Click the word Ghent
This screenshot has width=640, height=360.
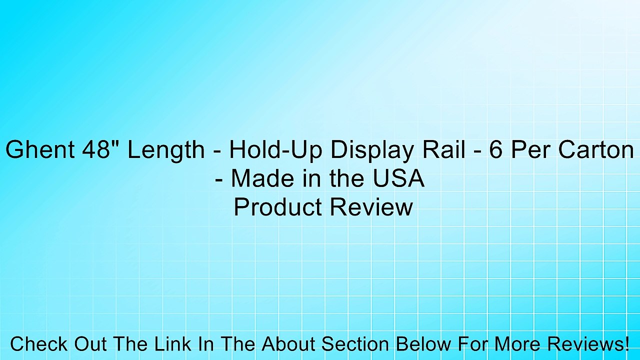[x=38, y=150]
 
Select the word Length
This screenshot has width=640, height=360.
[x=165, y=150]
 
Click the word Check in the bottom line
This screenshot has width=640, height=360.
[x=39, y=344]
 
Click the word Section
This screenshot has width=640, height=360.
[x=355, y=344]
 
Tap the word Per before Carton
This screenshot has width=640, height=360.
[x=529, y=150]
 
